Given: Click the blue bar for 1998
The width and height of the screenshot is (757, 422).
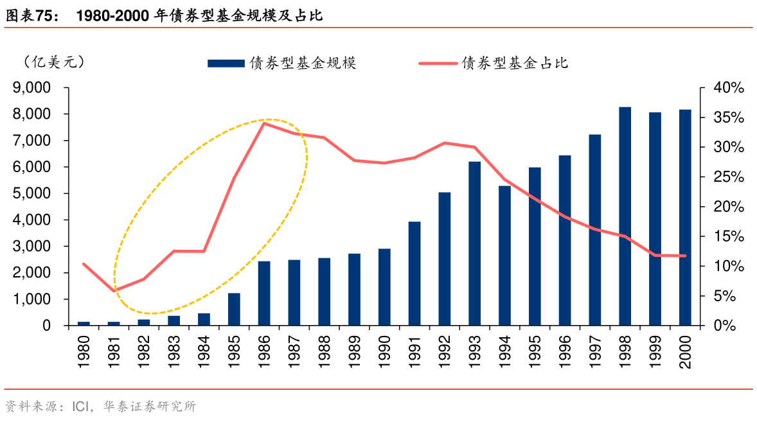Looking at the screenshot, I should pos(625,216).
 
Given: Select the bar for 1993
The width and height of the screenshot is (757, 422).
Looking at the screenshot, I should pos(474,244).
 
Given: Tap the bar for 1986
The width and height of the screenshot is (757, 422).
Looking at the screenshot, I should pos(264,294).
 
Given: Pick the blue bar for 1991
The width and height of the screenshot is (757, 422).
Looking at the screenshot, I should pos(414,274).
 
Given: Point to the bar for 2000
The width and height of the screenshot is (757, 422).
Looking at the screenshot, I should pos(685,218).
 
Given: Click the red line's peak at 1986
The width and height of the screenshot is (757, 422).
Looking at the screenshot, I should pos(265,123).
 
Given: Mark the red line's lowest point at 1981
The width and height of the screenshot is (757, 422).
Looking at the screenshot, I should pos(114,291).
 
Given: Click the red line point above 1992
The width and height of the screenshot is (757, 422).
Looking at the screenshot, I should pos(445,143).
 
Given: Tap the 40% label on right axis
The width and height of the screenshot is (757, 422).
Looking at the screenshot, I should pos(728,87).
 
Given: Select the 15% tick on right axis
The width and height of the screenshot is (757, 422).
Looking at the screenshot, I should pos(728,236).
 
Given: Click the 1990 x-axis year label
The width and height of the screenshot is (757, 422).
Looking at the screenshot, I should pos(384,351).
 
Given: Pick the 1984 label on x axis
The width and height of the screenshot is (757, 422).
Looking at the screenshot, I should pos(204,351).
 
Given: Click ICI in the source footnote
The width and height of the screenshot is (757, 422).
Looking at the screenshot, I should pos(82,407).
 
